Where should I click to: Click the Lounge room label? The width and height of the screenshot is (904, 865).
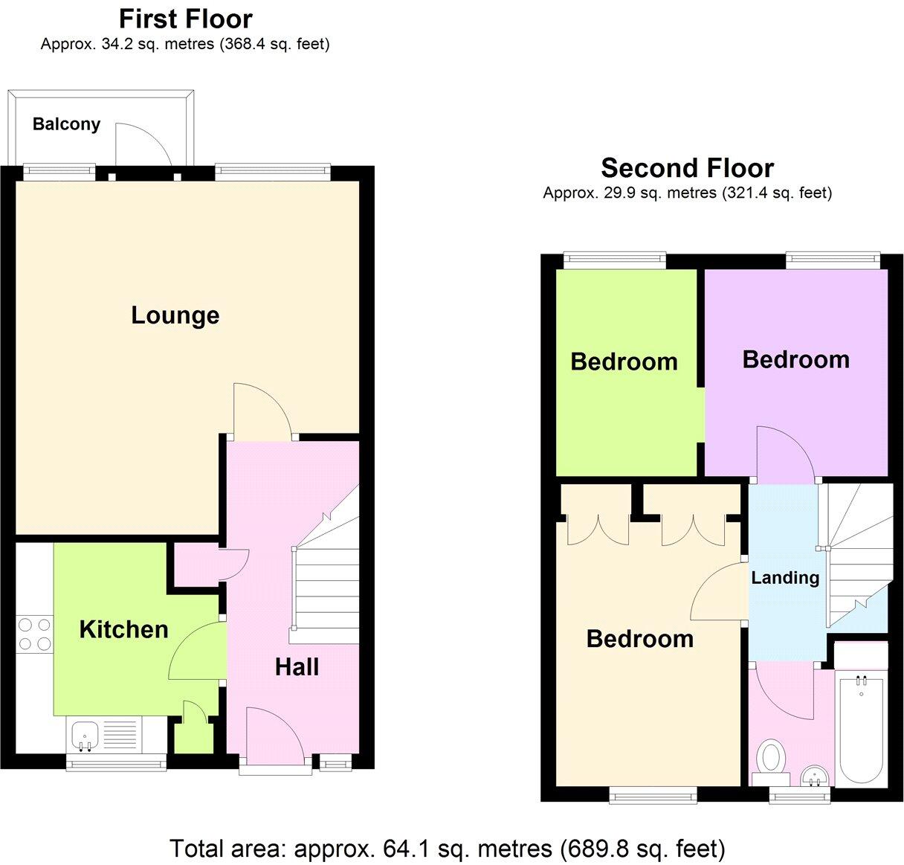(x=175, y=315)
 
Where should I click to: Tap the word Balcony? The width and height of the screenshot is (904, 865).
(x=66, y=124)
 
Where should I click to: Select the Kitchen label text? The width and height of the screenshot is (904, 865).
(x=123, y=630)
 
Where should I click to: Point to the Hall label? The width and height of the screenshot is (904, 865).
(x=297, y=667)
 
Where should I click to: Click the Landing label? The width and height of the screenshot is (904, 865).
(x=785, y=578)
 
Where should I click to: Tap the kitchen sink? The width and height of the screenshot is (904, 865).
(x=83, y=735)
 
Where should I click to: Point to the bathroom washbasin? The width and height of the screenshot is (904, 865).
(x=815, y=776)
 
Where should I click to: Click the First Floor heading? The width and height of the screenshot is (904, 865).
(x=186, y=19)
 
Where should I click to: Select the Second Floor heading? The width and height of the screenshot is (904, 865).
(x=687, y=168)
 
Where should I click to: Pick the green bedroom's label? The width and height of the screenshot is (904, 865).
(x=624, y=362)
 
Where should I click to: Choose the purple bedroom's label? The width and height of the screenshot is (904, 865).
(x=795, y=360)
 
